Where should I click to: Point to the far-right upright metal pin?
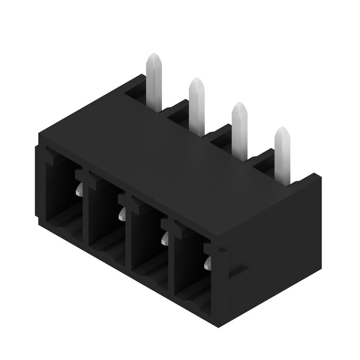(x=282, y=153)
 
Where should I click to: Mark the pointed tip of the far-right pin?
(x=282, y=130)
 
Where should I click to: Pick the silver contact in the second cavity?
(x=122, y=216)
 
